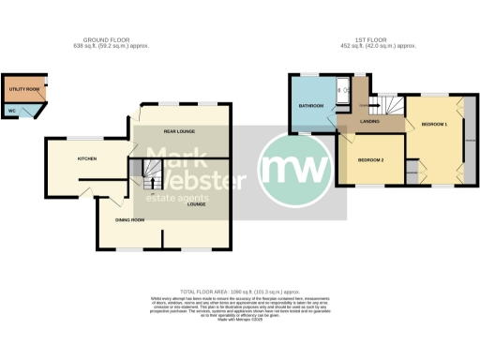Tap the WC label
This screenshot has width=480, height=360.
point(11,111)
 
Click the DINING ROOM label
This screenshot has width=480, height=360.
point(130,219)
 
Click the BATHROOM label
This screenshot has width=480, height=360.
point(311,106)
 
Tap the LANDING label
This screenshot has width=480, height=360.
point(370,121)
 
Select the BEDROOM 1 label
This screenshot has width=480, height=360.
point(434,125)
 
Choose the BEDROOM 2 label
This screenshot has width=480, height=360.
point(371,160)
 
